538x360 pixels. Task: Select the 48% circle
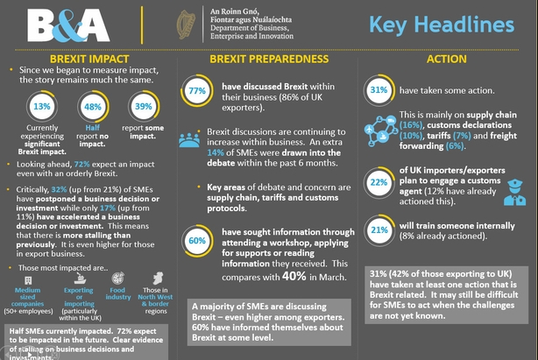90,106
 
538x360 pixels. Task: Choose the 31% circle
379,90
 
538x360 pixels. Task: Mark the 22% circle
379,181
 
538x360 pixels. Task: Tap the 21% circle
379,229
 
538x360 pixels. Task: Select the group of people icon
189,138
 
